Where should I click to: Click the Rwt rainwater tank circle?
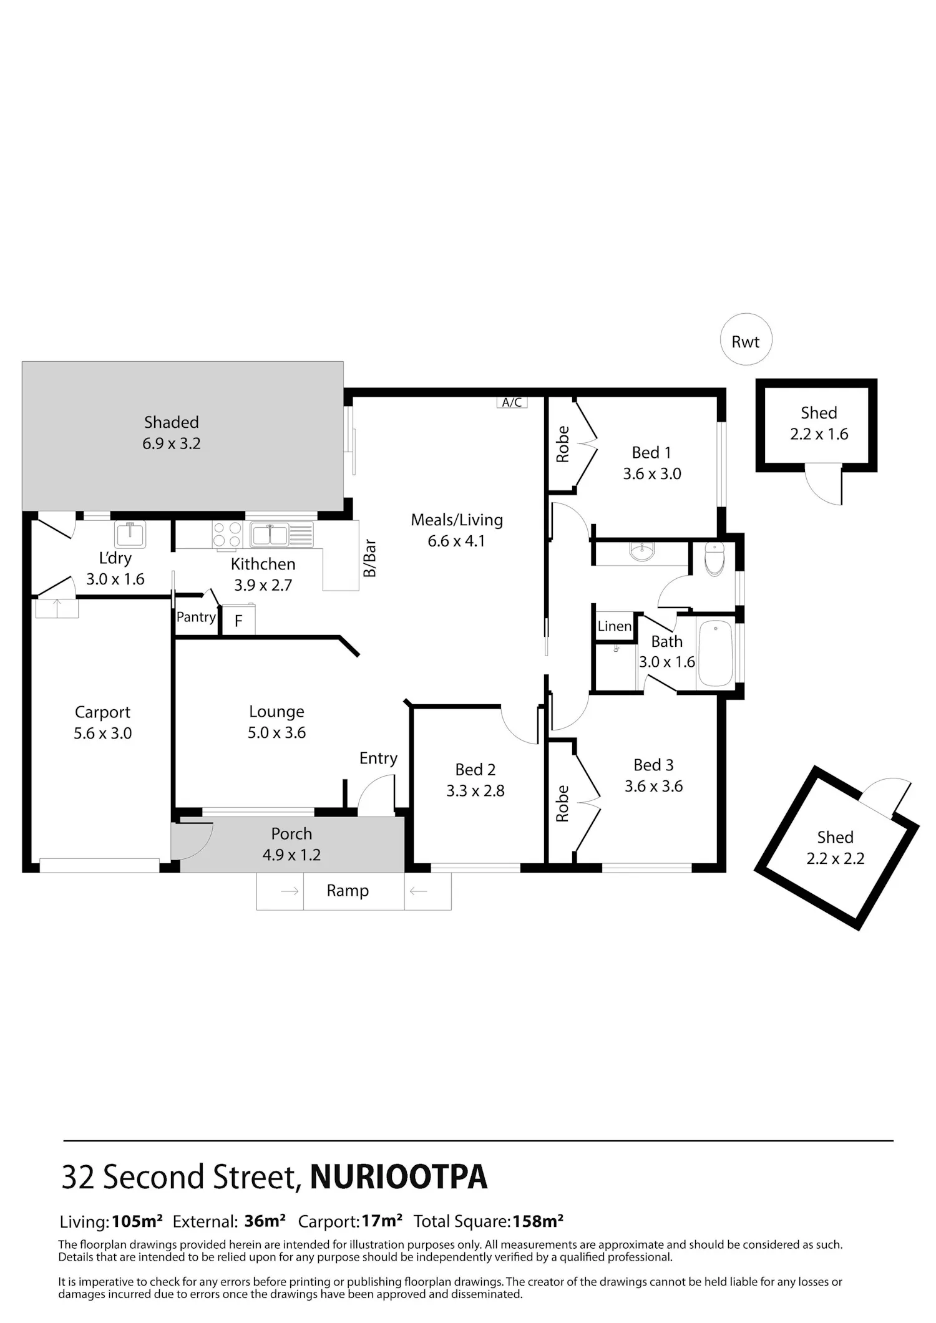(746, 339)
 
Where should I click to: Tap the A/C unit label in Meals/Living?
(512, 402)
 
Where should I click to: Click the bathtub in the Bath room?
(715, 653)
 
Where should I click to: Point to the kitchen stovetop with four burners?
(227, 535)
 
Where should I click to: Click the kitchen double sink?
(281, 535)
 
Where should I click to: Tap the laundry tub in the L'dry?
(130, 534)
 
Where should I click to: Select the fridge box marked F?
(238, 619)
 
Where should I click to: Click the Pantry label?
(196, 617)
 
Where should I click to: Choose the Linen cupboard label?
(615, 626)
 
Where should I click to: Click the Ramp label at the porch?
(348, 891)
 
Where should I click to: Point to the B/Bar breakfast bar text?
(370, 558)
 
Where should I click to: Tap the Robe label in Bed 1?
(563, 444)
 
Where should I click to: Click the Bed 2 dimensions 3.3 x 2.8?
(475, 791)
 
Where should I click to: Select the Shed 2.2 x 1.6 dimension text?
(819, 434)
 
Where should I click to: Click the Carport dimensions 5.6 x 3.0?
(103, 734)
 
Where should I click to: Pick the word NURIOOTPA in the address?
(399, 1177)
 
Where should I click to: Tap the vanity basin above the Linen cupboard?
(641, 552)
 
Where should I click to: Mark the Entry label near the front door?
(378, 758)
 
